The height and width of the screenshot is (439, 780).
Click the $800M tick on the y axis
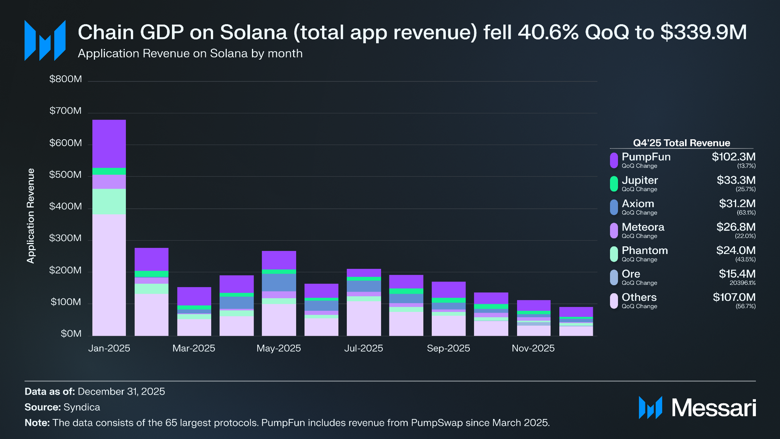tap(66, 79)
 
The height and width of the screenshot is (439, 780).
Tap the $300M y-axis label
tap(66, 238)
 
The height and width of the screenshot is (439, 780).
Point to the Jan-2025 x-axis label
tap(109, 348)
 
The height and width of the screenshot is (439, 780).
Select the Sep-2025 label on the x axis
tap(448, 348)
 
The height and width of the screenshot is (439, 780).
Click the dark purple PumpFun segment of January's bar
tap(109, 144)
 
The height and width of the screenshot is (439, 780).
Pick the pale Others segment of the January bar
tap(109, 275)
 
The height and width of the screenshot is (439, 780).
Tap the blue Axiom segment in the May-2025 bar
tap(279, 282)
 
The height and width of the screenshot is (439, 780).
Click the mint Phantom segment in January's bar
tap(109, 201)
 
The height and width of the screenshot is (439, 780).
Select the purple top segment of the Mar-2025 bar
tap(194, 296)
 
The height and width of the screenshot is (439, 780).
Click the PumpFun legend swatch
tap(614, 160)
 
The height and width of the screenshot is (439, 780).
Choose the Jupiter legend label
tap(639, 180)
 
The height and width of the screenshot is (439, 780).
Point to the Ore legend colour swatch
tap(614, 277)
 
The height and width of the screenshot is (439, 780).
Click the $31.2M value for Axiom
tap(737, 204)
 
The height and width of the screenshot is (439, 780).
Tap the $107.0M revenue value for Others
tap(734, 297)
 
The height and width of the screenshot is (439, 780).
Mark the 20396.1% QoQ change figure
tap(742, 283)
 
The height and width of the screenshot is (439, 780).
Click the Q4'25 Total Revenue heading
tap(681, 143)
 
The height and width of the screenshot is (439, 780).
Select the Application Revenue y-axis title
tap(31, 216)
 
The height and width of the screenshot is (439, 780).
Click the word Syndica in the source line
tap(82, 407)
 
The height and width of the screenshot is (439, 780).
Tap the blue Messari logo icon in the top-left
tap(45, 40)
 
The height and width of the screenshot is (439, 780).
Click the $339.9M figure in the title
tap(703, 32)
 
